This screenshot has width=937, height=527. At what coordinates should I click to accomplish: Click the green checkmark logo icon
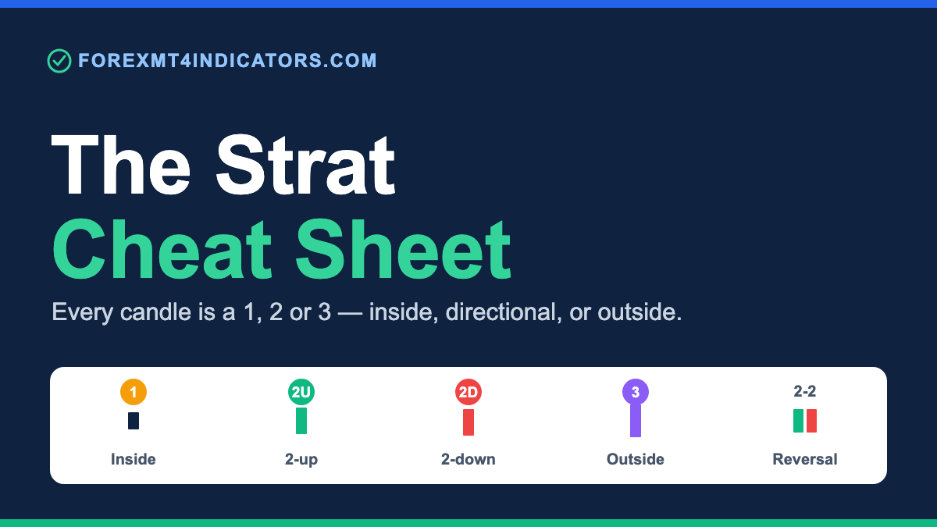click(x=59, y=61)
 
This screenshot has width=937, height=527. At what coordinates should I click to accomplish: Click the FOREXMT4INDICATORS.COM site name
click(x=227, y=61)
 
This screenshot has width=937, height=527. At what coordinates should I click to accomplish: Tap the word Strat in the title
click(x=305, y=165)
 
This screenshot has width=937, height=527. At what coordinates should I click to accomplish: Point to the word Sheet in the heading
click(x=403, y=249)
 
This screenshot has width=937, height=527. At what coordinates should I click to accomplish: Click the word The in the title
click(x=121, y=165)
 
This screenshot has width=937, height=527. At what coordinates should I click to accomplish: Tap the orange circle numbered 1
click(x=134, y=392)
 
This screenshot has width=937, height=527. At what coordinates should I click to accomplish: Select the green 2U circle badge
click(x=301, y=392)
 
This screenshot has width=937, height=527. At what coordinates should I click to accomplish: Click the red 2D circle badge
click(x=468, y=392)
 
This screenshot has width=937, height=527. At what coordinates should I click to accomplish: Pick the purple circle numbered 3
click(x=636, y=392)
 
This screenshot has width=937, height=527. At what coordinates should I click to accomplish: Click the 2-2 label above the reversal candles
click(x=805, y=391)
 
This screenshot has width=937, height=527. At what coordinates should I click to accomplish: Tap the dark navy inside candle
click(x=134, y=421)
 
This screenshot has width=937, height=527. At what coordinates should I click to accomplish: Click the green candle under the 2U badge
click(x=301, y=421)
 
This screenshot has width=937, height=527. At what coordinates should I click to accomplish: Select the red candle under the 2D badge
click(x=468, y=422)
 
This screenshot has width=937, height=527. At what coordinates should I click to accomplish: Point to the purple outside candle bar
click(x=636, y=420)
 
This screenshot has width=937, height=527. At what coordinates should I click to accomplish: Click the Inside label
click(x=134, y=459)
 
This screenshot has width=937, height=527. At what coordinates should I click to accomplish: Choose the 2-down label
click(x=468, y=459)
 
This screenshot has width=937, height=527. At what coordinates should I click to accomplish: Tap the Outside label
click(x=636, y=459)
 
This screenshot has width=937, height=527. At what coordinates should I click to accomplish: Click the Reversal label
click(x=805, y=459)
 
